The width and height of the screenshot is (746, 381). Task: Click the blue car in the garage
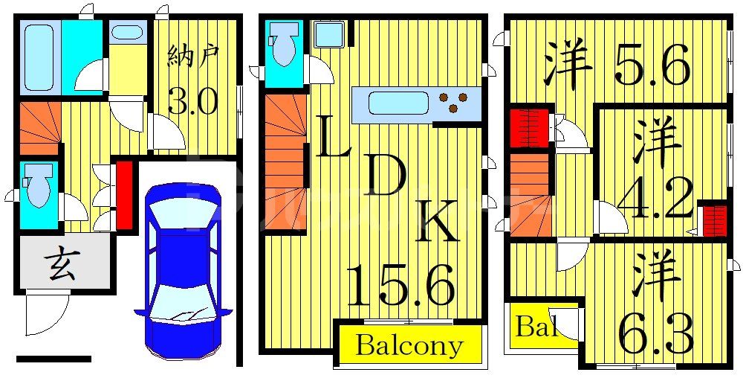[184, 270]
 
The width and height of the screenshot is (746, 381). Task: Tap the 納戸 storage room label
[193, 57]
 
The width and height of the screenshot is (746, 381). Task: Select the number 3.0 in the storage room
[193, 102]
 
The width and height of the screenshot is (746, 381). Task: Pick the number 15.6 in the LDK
[400, 286]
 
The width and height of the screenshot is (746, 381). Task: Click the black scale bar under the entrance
[53, 359]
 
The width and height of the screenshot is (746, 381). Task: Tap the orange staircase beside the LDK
[285, 163]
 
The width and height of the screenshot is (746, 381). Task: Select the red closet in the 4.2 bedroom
[715, 220]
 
